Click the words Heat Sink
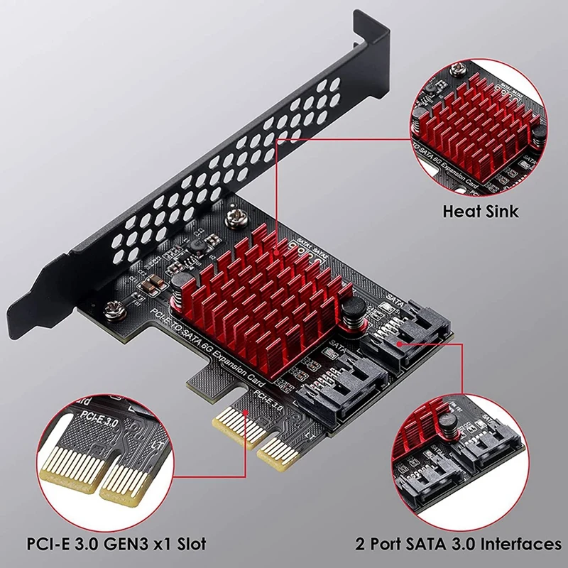point(481,211)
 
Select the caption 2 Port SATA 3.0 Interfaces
point(459,545)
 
